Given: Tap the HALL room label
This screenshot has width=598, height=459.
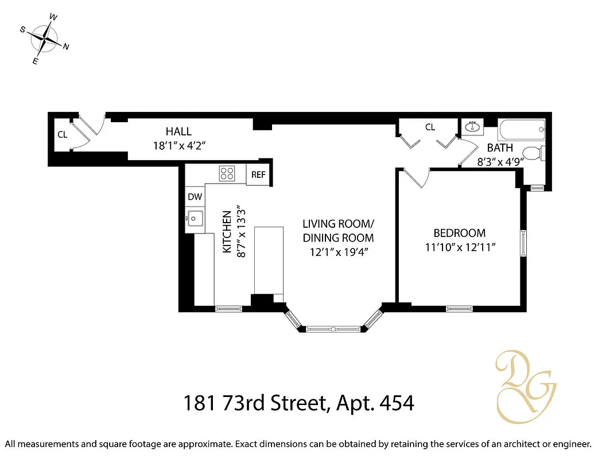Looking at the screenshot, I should [178, 131].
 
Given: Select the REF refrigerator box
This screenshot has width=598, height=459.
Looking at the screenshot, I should [258, 174].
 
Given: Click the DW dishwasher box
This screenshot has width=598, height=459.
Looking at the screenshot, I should [195, 197].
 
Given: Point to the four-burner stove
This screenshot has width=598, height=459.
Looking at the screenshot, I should [227, 173].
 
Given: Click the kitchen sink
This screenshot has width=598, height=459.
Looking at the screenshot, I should [194, 218].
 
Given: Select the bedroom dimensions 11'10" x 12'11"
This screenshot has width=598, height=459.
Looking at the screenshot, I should [459, 247].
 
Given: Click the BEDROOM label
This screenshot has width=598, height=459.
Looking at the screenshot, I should [459, 233].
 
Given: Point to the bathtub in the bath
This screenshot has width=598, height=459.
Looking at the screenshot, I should [522, 128].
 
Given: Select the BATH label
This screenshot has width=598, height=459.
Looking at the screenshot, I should [500, 148].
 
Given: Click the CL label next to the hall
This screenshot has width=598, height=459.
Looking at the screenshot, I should [62, 135].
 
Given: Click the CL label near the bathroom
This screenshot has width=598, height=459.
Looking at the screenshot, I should [430, 127].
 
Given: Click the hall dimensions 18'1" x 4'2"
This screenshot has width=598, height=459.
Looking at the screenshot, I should [178, 146].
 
